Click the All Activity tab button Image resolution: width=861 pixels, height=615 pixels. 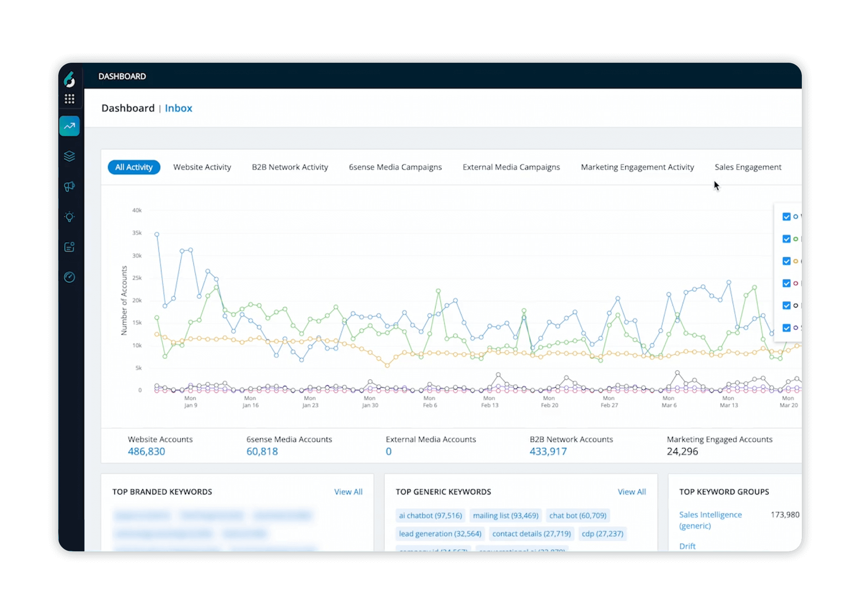pyautogui.click(x=134, y=167)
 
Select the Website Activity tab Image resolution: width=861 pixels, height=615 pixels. pyautogui.click(x=202, y=167)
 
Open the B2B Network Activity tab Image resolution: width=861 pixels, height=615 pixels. pyautogui.click(x=290, y=167)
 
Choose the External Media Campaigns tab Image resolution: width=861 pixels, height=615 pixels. pyautogui.click(x=511, y=167)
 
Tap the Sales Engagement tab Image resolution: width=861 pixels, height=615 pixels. pyautogui.click(x=748, y=167)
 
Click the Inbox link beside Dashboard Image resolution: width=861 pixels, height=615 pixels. pyautogui.click(x=178, y=108)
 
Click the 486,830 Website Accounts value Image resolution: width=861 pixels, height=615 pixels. pyautogui.click(x=146, y=451)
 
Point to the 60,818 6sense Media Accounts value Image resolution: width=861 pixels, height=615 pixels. pyautogui.click(x=262, y=451)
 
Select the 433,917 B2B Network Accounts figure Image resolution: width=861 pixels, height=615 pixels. pyautogui.click(x=548, y=451)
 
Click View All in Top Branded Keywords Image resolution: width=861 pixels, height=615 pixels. pyautogui.click(x=348, y=492)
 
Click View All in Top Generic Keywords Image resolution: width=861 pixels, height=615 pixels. pyautogui.click(x=631, y=492)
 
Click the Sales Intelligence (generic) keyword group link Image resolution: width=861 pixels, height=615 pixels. pyautogui.click(x=710, y=520)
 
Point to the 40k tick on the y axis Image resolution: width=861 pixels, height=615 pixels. pyautogui.click(x=137, y=210)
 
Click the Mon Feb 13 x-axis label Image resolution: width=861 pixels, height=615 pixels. pyautogui.click(x=489, y=402)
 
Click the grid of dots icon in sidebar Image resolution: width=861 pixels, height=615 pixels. pyautogui.click(x=70, y=99)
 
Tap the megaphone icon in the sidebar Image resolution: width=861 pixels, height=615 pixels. pyautogui.click(x=70, y=186)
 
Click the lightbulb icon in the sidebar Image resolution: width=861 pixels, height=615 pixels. pyautogui.click(x=70, y=217)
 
